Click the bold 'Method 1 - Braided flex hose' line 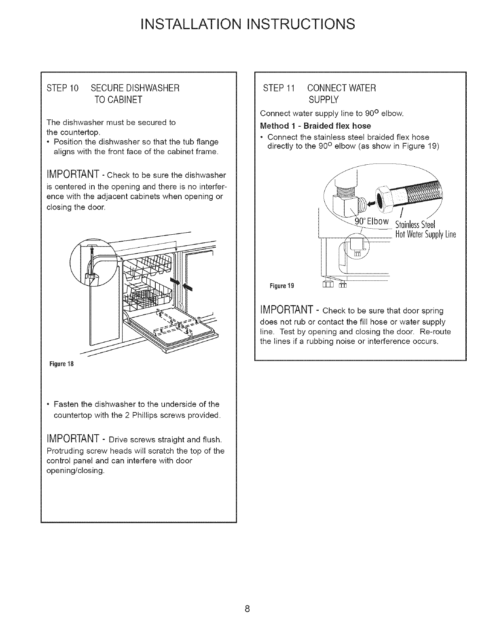[x=316, y=125]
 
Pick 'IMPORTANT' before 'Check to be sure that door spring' [x=287, y=311]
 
